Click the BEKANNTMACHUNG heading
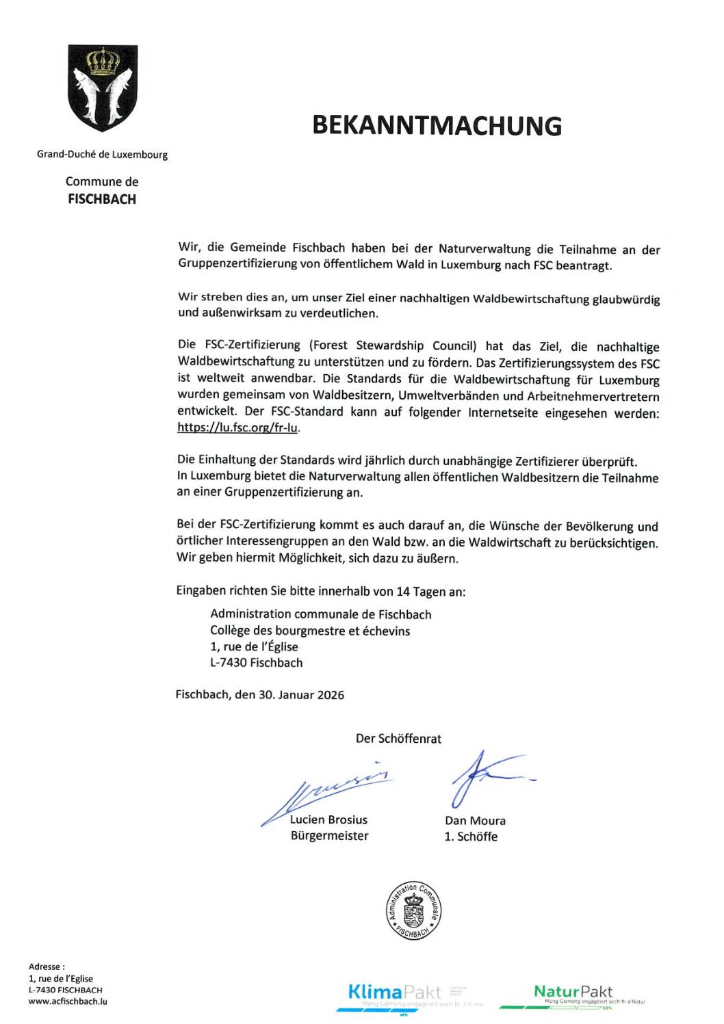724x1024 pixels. coord(437,126)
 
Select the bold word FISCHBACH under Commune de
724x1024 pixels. coord(102,199)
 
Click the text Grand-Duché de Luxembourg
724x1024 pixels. coord(102,155)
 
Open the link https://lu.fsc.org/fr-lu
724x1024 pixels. coord(237,428)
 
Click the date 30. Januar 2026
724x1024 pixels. coord(301,695)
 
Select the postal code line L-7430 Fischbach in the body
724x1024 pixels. coord(256,662)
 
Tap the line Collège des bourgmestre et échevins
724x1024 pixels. coord(310,631)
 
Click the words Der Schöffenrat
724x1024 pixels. coord(398,739)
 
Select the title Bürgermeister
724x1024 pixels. coord(329,836)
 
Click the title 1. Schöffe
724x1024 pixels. coord(471,837)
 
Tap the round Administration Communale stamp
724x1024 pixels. coord(413,910)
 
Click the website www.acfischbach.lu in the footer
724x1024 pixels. coord(68,1001)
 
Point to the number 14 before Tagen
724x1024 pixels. coord(403,592)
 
